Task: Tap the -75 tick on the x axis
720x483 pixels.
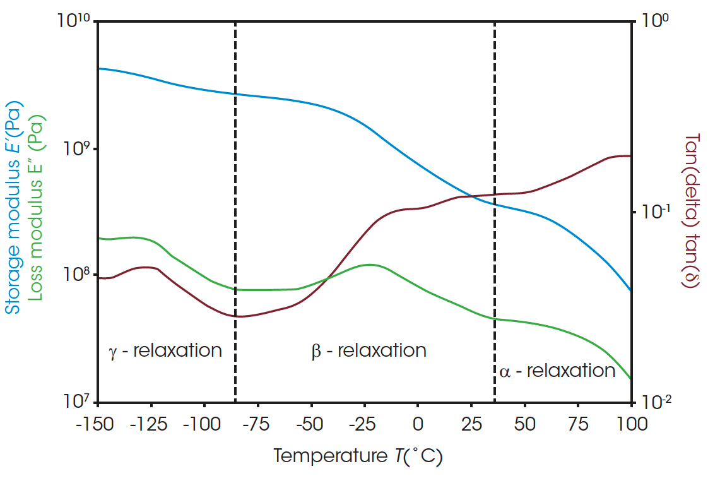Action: tap(257, 423)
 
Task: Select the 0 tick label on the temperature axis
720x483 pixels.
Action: tap(417, 423)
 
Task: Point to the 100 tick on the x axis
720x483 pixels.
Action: tap(630, 423)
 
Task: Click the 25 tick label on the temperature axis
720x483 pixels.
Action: tap(471, 423)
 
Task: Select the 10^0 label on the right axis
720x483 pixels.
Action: tap(656, 21)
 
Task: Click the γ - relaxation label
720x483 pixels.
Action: tap(165, 350)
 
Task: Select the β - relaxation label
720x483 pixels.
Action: tap(369, 350)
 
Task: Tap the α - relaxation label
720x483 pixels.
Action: tap(557, 371)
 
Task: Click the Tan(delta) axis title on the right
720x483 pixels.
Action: tap(692, 211)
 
